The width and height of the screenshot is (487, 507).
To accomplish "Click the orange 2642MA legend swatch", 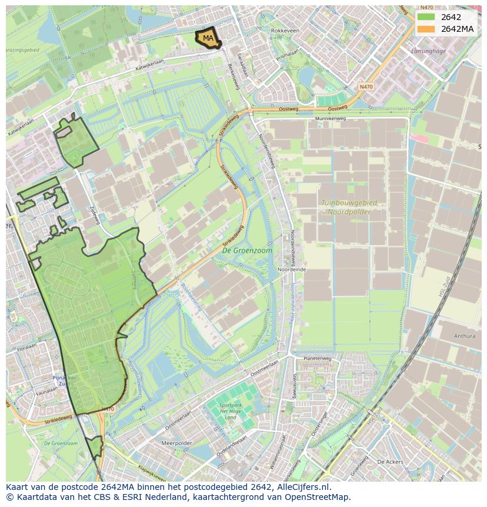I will [x=426, y=29].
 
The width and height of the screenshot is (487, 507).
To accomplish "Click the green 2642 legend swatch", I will [x=426, y=17].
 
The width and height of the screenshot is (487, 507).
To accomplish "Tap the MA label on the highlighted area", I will [x=208, y=38].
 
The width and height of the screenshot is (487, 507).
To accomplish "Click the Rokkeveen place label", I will [x=285, y=30].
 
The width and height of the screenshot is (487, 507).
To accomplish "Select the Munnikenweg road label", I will [x=330, y=118].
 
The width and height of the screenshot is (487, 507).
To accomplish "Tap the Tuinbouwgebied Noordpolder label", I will [x=349, y=207].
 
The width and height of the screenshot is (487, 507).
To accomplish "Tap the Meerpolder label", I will [x=176, y=443].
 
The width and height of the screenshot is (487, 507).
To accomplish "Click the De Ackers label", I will [x=389, y=462].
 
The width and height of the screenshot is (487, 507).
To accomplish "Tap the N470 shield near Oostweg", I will [x=365, y=87].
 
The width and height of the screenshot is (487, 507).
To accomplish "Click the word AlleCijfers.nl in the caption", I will [x=303, y=487].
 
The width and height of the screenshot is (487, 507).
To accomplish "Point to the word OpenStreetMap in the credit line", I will [x=318, y=497].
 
